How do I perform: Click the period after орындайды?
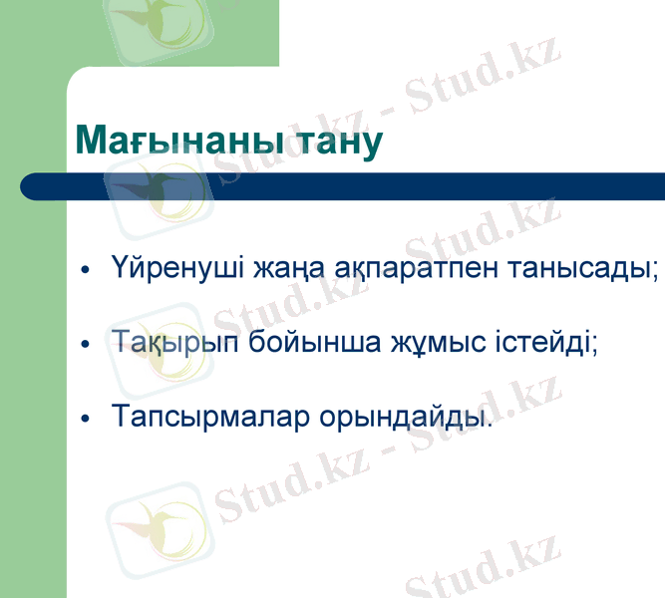[491, 424]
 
